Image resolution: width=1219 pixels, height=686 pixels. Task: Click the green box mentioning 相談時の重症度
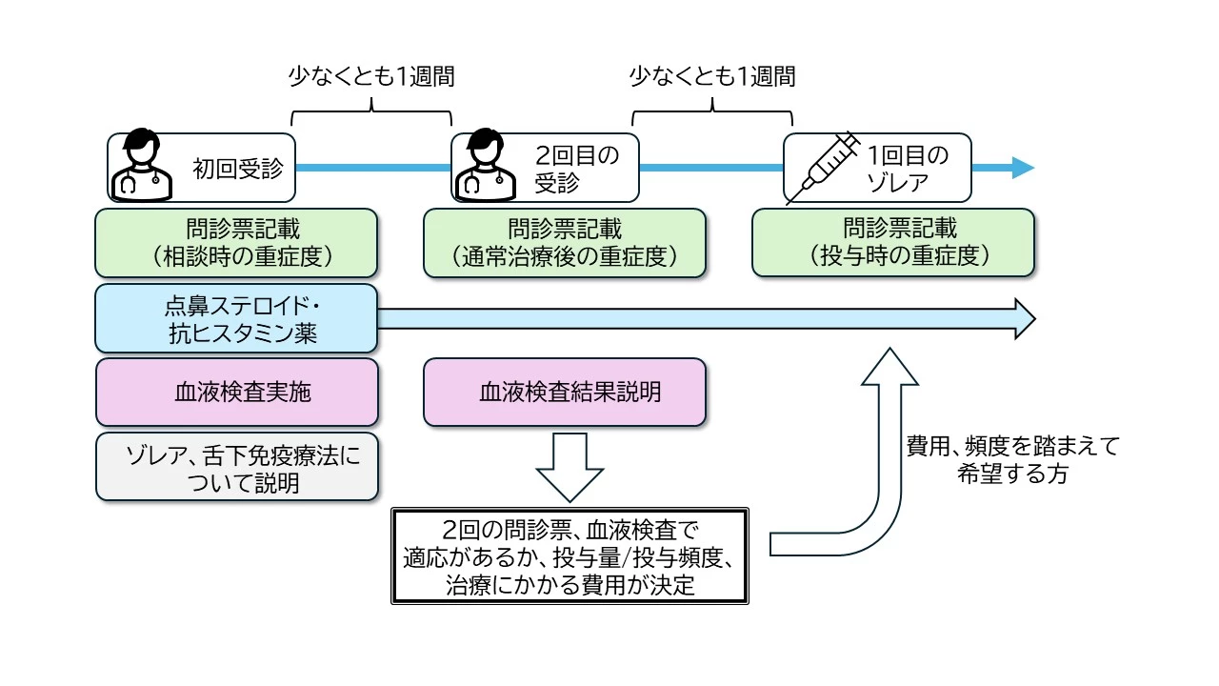(x=237, y=243)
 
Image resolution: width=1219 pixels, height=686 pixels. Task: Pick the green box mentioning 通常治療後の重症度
(x=565, y=243)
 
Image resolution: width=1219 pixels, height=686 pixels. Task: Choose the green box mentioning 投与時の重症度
(x=893, y=243)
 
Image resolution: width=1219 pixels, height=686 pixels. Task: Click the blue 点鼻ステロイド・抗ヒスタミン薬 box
(x=237, y=318)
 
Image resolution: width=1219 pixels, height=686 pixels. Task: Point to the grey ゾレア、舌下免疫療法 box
(x=237, y=467)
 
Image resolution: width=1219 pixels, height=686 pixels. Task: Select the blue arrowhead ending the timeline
(x=1022, y=169)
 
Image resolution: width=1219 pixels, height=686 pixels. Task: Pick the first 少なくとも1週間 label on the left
(x=371, y=77)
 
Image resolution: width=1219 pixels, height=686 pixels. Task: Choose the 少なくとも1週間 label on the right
(x=712, y=77)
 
